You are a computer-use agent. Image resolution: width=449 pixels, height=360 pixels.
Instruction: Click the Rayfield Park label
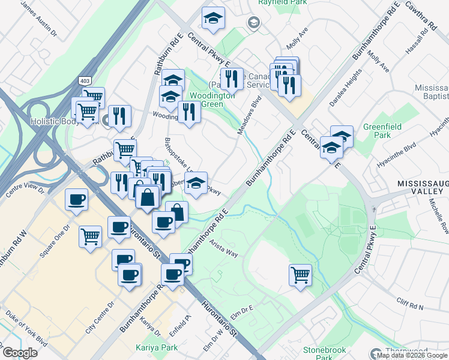point(282,2)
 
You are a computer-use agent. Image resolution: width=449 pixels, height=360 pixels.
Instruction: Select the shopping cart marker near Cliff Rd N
point(300,275)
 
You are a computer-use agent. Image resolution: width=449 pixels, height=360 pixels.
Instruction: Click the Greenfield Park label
point(378,132)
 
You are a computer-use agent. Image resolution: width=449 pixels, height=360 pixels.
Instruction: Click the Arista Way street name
point(224,249)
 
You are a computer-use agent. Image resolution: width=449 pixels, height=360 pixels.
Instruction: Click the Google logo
point(20,352)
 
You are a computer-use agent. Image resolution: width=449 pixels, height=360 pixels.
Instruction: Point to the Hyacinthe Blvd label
point(402,147)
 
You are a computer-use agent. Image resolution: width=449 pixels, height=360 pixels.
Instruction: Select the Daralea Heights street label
point(344,88)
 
